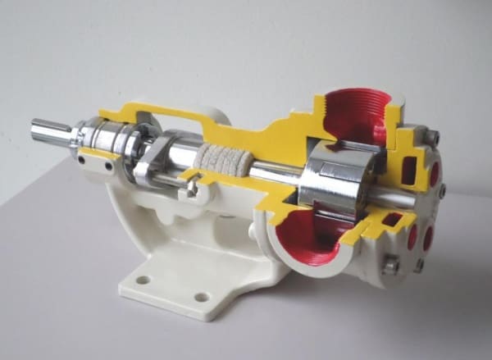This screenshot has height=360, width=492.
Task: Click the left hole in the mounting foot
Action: pyautogui.click(x=143, y=280)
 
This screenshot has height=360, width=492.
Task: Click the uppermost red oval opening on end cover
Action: pyautogui.click(x=434, y=173)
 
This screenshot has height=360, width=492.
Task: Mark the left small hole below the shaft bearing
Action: pyautogui.click(x=81, y=162)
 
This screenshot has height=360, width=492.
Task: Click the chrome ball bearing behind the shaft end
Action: pyautogui.click(x=98, y=135)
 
